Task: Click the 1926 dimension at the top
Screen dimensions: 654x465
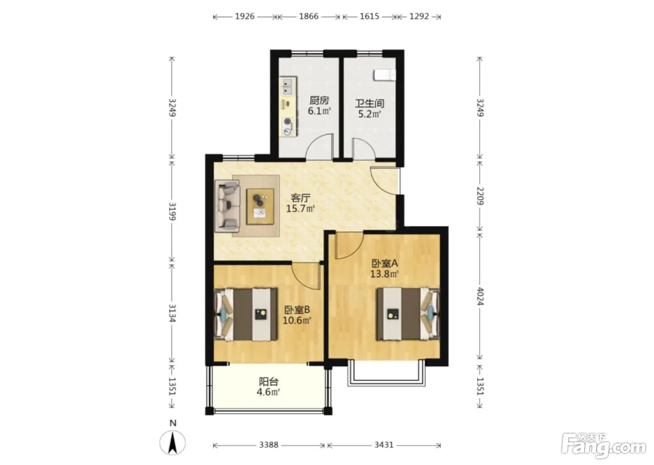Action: tap(245, 16)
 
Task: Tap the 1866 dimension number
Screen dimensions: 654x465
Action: tap(309, 16)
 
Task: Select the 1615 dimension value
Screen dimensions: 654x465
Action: tap(370, 16)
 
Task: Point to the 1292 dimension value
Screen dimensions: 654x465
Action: tap(419, 16)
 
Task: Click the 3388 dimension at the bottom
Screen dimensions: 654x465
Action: tap(269, 445)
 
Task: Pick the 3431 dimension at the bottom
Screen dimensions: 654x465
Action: tap(384, 445)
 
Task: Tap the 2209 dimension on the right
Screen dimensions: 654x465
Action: tap(480, 196)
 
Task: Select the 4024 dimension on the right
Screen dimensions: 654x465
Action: tap(480, 296)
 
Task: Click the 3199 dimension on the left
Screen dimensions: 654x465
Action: tap(172, 211)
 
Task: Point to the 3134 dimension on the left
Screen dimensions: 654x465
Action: tap(172, 313)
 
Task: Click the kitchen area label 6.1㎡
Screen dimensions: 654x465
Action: tap(319, 111)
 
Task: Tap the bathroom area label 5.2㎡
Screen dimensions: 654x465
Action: tap(370, 114)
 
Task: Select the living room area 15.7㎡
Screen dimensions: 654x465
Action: tap(300, 209)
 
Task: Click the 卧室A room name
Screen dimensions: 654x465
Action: tap(384, 263)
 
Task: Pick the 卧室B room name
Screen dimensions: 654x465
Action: tap(297, 309)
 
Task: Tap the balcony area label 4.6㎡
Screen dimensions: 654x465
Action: tap(268, 392)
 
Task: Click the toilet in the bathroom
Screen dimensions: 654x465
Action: tap(384, 75)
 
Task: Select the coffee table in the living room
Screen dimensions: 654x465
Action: tap(260, 206)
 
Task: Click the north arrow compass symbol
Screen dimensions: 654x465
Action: tap(172, 443)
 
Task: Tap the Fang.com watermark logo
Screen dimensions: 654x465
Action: tap(603, 447)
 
